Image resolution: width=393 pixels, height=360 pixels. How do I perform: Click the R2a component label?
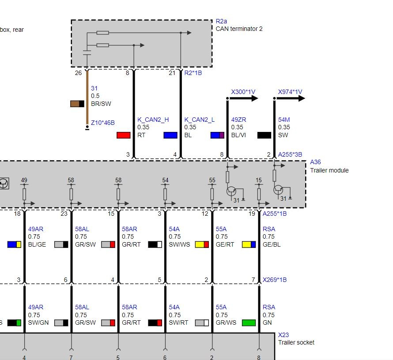click(221, 21)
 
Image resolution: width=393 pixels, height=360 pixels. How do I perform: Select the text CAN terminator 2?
click(239, 29)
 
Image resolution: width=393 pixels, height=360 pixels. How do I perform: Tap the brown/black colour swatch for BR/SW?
click(77, 104)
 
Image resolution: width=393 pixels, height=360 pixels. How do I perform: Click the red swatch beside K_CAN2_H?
click(124, 135)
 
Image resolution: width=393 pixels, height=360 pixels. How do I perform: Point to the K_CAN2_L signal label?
click(199, 120)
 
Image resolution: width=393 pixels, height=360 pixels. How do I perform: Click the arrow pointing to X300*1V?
click(242, 98)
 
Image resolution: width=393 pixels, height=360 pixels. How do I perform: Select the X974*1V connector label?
click(290, 92)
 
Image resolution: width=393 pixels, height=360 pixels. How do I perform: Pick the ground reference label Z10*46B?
click(102, 123)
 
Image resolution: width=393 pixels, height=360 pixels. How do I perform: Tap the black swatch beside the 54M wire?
click(264, 135)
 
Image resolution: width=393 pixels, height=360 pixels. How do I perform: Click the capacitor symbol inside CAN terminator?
click(87, 52)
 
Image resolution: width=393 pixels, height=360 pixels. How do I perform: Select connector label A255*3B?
click(290, 154)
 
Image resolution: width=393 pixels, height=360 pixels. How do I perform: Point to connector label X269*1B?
click(275, 280)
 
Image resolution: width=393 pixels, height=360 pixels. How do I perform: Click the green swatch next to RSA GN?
click(249, 322)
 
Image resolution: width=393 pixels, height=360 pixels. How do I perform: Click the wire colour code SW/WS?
click(179, 244)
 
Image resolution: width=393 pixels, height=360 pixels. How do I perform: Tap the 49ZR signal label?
click(238, 120)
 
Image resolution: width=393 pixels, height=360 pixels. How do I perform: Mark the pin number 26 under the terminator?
click(78, 73)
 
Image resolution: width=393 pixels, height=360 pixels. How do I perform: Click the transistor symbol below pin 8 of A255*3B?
click(231, 191)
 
